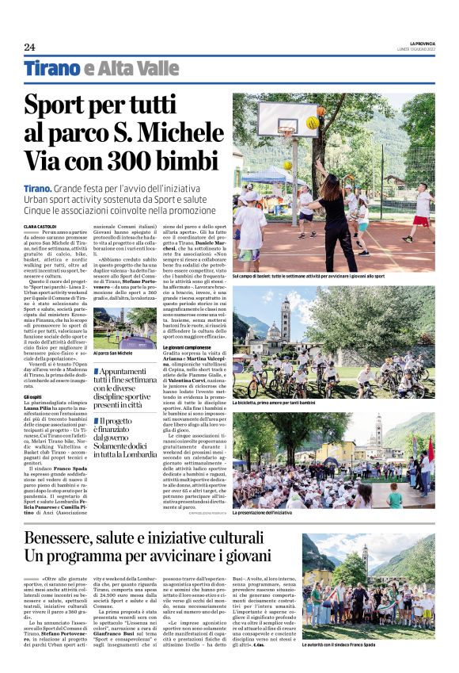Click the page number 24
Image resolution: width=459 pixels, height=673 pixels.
pos(29,47)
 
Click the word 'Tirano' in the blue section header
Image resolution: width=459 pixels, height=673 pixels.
pos(52,69)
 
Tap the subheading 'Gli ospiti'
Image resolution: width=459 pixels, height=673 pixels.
pos(33,396)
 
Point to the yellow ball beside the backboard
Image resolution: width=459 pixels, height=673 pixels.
pos(313,123)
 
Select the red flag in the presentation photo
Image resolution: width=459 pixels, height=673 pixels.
pos(431,454)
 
